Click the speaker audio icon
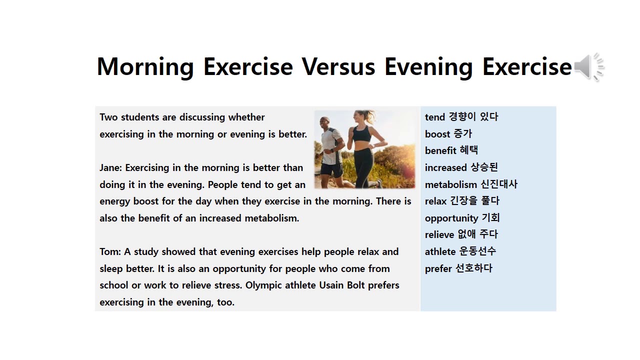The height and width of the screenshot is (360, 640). (x=589, y=67)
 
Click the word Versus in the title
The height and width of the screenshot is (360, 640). (x=338, y=67)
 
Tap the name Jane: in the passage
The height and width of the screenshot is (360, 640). (x=111, y=168)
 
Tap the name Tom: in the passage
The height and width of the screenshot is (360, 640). (x=110, y=251)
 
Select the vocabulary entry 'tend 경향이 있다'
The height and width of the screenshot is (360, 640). (x=461, y=117)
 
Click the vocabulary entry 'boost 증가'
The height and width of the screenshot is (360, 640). (x=448, y=134)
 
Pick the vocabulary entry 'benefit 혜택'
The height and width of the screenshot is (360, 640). (x=451, y=150)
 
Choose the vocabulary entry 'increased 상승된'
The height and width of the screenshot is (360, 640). (x=461, y=167)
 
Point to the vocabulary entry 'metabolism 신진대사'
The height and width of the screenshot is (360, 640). (x=471, y=184)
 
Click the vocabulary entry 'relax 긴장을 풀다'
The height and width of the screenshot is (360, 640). (x=462, y=201)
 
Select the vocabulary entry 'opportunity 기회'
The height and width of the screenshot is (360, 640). (x=462, y=218)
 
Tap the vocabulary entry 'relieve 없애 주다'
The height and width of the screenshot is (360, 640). (x=461, y=234)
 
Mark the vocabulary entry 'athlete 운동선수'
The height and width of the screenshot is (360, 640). (x=460, y=251)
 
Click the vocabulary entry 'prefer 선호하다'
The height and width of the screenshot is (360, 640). (x=458, y=268)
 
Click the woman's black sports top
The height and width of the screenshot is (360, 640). (x=362, y=134)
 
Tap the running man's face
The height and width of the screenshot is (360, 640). (x=325, y=123)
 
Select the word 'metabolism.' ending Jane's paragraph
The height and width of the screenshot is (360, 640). (x=272, y=218)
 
